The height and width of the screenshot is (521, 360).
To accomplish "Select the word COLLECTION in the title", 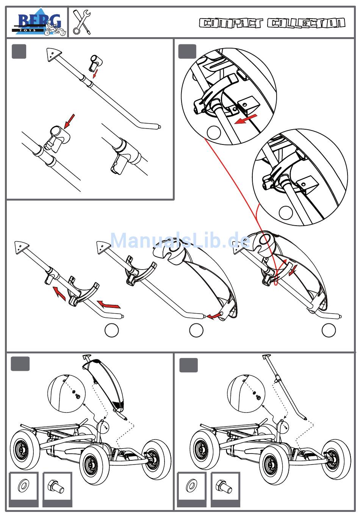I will coord(306,24).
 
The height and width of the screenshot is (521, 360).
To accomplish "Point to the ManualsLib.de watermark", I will coord(180,240).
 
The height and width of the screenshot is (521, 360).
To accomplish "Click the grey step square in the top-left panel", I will coord(19,52).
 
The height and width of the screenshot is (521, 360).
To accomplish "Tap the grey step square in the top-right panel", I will coord(187,52).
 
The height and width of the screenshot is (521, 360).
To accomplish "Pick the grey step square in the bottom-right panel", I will coord(188,365).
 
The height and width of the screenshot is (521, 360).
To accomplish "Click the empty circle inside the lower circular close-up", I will coord(286,213).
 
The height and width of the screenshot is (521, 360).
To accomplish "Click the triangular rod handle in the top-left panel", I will coord(52,54).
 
